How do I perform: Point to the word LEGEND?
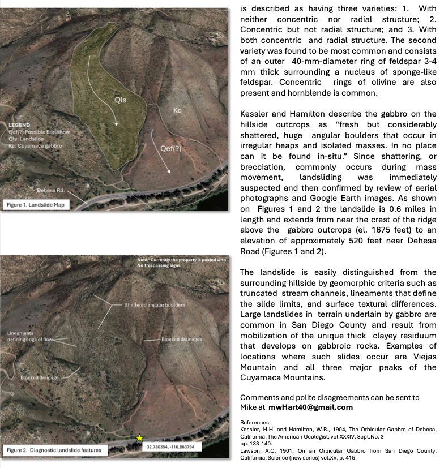(20, 124)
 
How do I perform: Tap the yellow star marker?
(139, 438)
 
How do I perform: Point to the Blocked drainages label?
(182, 340)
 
